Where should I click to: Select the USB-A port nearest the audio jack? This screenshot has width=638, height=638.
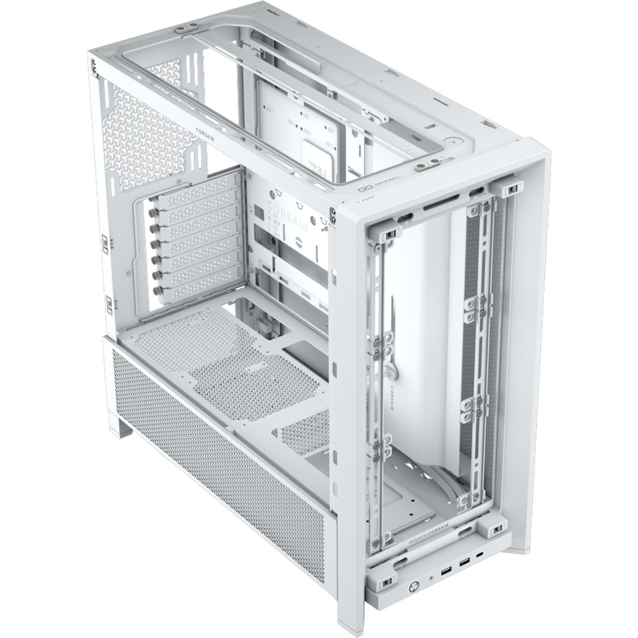click(x=444, y=557)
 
